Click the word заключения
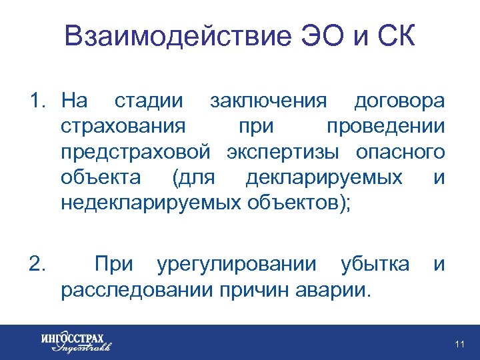pos(269,101)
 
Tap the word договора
pos(399,101)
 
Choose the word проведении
pos(385,127)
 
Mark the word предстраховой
pos(135,152)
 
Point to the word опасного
pos(400,152)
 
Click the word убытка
pos(375,265)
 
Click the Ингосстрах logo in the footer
pos(75,341)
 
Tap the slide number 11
pos(459,344)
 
